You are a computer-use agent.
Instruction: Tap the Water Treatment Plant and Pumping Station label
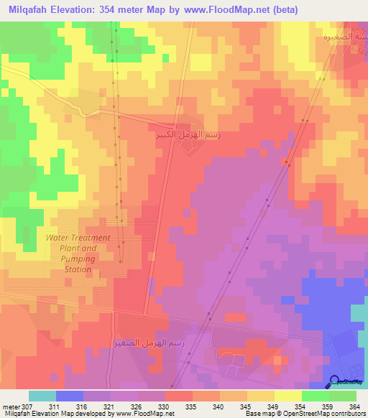[x=78, y=254]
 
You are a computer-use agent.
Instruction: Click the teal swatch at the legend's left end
[x=42, y=396]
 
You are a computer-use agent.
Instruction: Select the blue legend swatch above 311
[x=70, y=396]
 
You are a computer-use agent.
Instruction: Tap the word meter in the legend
[x=11, y=407]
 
